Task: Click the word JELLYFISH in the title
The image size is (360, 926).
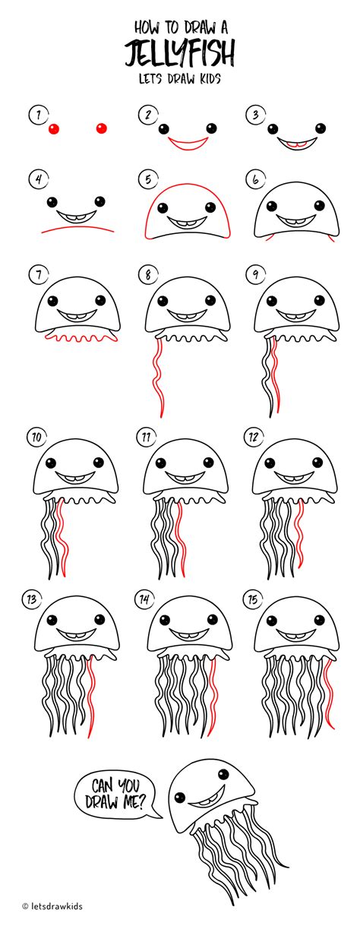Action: [x=180, y=52]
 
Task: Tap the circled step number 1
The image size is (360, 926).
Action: [x=39, y=115]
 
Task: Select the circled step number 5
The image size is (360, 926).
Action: [x=148, y=180]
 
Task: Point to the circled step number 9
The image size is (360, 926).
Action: [x=256, y=274]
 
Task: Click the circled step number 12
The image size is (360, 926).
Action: [x=254, y=437]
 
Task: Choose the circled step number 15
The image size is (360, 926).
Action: [x=253, y=599]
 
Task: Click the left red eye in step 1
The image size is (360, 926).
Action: [x=54, y=129]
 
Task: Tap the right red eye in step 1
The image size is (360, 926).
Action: [x=101, y=128]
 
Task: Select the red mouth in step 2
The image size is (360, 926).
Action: [x=188, y=144]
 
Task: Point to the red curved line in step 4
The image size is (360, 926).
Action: [x=77, y=227]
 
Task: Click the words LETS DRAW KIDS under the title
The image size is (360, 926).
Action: [x=180, y=78]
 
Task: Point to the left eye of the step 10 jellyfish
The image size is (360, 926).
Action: [x=51, y=463]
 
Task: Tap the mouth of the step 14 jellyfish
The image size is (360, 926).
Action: [x=188, y=635]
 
